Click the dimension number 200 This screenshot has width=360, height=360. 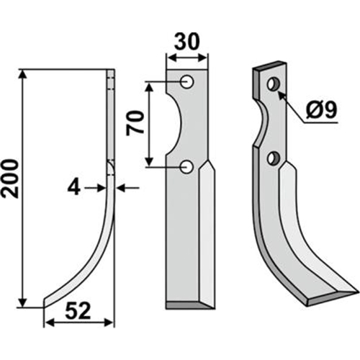coord(10,179)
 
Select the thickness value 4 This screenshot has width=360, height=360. coord(73,188)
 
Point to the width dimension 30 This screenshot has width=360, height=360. coord(187,41)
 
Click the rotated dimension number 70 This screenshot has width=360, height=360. coord(135,123)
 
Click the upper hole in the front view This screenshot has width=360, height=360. coord(187,82)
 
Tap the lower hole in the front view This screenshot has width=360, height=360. coord(187,167)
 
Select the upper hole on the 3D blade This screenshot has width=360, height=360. coord(274,84)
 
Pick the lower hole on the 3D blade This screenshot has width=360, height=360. coord(274,158)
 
